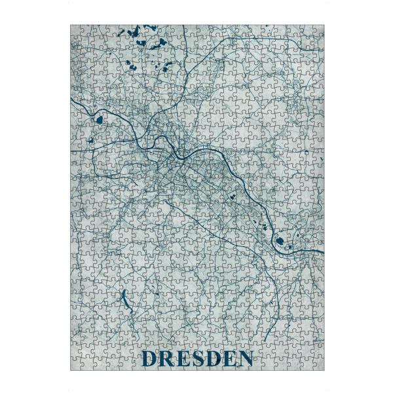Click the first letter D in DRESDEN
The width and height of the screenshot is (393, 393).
point(149,359)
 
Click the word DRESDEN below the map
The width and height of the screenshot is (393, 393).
point(197,359)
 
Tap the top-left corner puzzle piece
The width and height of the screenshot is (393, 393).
point(77,31)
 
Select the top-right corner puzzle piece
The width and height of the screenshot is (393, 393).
point(318,31)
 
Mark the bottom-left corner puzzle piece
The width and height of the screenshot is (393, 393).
point(77,364)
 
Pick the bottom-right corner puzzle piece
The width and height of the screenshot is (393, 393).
point(318,364)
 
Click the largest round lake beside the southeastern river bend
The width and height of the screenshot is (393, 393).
point(282,241)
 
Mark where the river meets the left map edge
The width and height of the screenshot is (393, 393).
point(71,100)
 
